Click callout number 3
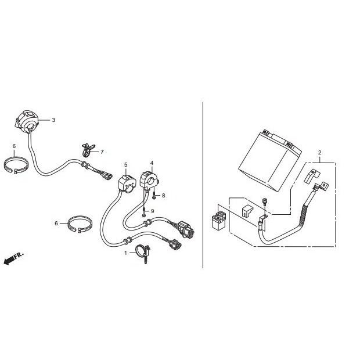(53, 120)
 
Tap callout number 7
(102, 152)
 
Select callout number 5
(125, 165)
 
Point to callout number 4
(152, 163)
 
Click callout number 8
(164, 196)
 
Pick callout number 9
(152, 210)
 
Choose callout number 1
(124, 253)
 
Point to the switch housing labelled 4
(149, 178)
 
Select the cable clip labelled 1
(141, 253)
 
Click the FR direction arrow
(12, 258)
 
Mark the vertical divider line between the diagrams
(202, 186)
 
